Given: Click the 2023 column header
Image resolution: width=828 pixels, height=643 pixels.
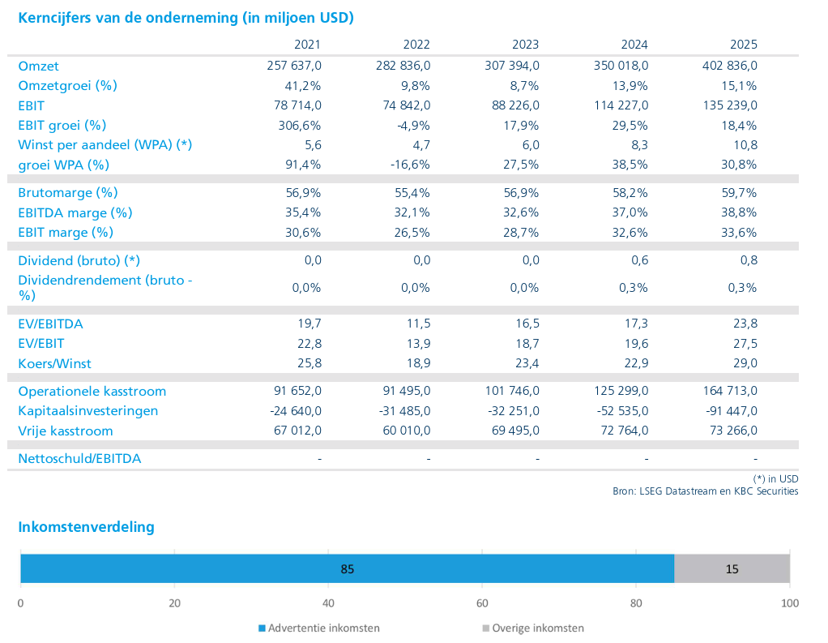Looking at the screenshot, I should coord(525,45).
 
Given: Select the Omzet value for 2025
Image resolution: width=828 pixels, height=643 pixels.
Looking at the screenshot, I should coord(730,66).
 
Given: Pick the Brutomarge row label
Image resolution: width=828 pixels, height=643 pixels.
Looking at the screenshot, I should coord(68,193).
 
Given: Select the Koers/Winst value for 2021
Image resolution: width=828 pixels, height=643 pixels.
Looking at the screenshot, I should coord(309,363).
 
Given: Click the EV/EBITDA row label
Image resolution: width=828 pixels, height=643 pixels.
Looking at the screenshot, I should coord(50,324).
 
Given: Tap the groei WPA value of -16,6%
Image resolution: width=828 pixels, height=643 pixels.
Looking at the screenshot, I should coord(410,165).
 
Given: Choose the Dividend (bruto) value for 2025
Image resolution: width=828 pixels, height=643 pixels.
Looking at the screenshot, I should coord(749,260).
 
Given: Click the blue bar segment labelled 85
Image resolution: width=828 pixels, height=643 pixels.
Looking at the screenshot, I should coord(347,568).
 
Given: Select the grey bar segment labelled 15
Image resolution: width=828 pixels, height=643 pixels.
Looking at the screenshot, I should coord(732,568).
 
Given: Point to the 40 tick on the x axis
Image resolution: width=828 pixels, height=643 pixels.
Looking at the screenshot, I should coord(328,603).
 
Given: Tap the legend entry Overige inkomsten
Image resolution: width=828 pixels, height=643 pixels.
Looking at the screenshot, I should coord(532,628).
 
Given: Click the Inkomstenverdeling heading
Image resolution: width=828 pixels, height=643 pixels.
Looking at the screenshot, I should coord(86,527).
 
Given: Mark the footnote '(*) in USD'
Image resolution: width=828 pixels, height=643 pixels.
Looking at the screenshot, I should coord(775,478).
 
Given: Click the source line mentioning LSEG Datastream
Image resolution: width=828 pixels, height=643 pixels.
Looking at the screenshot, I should coord(705,491).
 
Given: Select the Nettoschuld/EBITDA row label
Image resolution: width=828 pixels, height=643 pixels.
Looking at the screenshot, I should coord(79,459).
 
